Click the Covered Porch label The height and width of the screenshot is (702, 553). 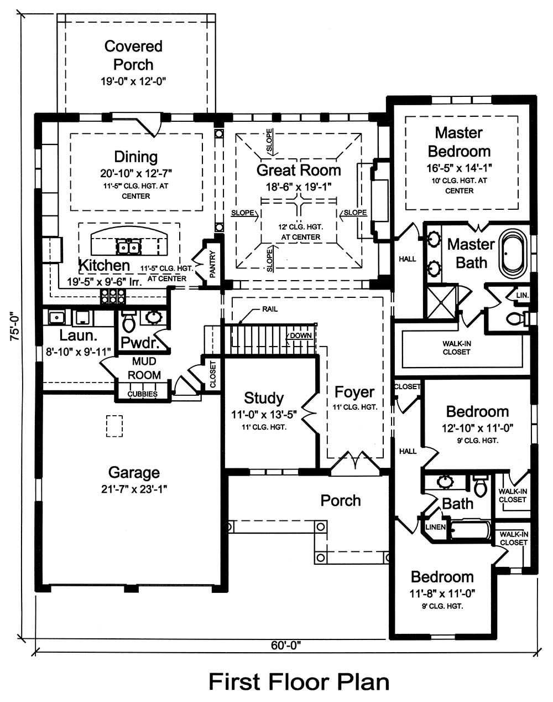[133, 55]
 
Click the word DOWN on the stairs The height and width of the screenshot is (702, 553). [301, 335]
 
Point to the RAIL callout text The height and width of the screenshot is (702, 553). [270, 309]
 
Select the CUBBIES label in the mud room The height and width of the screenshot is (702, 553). [143, 394]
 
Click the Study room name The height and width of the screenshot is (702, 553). [264, 398]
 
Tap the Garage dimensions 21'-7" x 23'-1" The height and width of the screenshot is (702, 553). [134, 488]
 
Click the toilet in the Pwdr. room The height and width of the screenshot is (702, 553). [128, 321]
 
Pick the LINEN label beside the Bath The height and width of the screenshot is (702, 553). [436, 527]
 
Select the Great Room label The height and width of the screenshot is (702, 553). [299, 170]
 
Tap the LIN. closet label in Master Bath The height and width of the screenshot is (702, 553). [522, 296]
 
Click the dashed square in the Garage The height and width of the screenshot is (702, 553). [114, 426]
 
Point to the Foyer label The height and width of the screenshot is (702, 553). [354, 392]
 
